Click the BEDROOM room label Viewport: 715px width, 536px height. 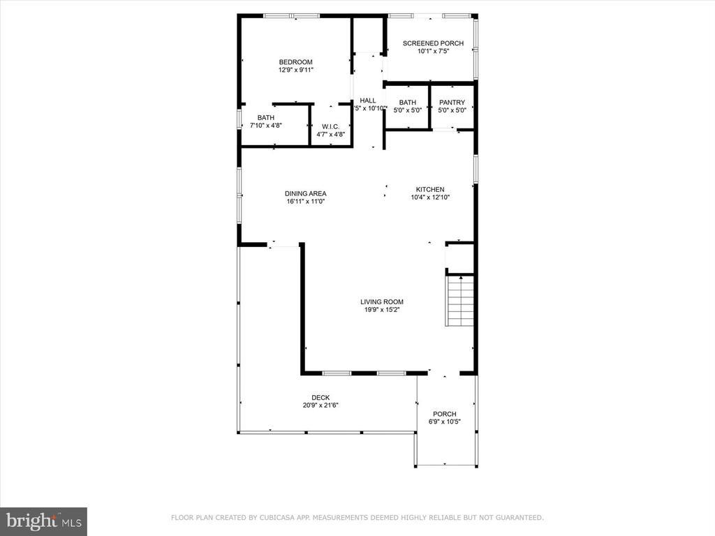(x=295, y=61)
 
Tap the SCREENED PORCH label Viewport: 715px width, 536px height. (x=433, y=43)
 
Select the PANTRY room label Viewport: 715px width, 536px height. (x=452, y=102)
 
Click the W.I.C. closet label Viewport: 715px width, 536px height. (x=330, y=126)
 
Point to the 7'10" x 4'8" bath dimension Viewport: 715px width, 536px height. (x=266, y=126)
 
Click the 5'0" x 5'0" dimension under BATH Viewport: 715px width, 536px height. (x=408, y=110)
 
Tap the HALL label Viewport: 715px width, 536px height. (x=368, y=100)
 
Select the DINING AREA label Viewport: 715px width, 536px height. (x=305, y=193)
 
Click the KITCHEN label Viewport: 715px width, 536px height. (x=430, y=189)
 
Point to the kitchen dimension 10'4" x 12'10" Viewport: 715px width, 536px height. (x=430, y=198)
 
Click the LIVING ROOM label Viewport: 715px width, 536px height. (x=382, y=301)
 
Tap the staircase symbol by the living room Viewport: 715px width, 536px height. (x=460, y=300)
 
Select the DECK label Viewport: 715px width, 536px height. (x=320, y=397)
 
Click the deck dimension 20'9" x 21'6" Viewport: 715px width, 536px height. (x=320, y=405)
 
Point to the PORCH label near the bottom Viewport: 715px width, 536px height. (x=444, y=413)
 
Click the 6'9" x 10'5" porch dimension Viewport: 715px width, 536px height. (x=444, y=422)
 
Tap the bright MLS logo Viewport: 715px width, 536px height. (x=43, y=520)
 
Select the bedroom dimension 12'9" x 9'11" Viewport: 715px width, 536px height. (x=295, y=70)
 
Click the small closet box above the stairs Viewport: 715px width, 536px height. (x=459, y=258)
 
